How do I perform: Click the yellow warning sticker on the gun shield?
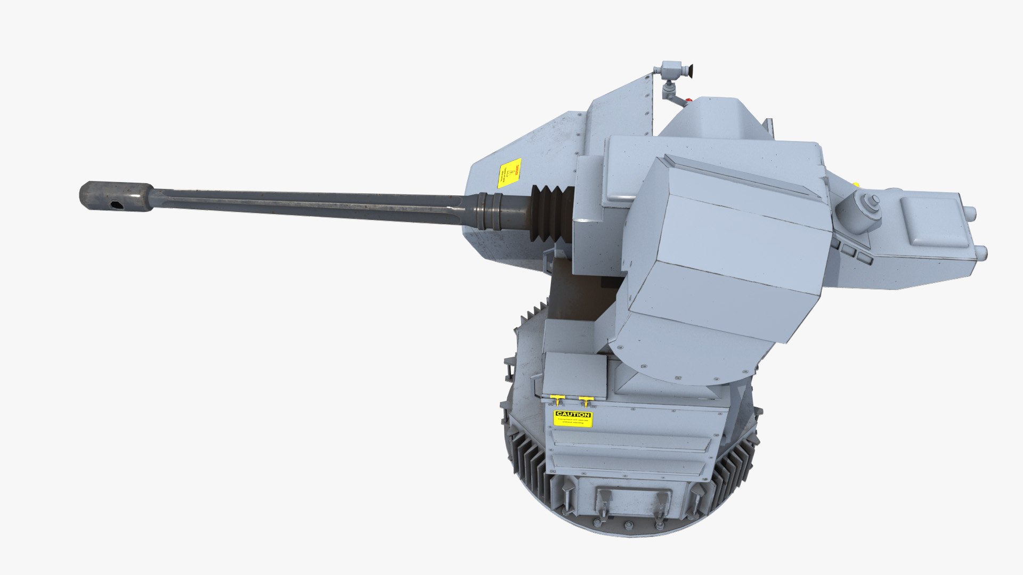(x=509, y=173)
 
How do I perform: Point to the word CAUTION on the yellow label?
(x=573, y=414)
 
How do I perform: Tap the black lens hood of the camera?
(x=688, y=70)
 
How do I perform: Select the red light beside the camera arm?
(x=689, y=99)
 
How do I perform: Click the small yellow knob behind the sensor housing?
(x=856, y=185)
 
